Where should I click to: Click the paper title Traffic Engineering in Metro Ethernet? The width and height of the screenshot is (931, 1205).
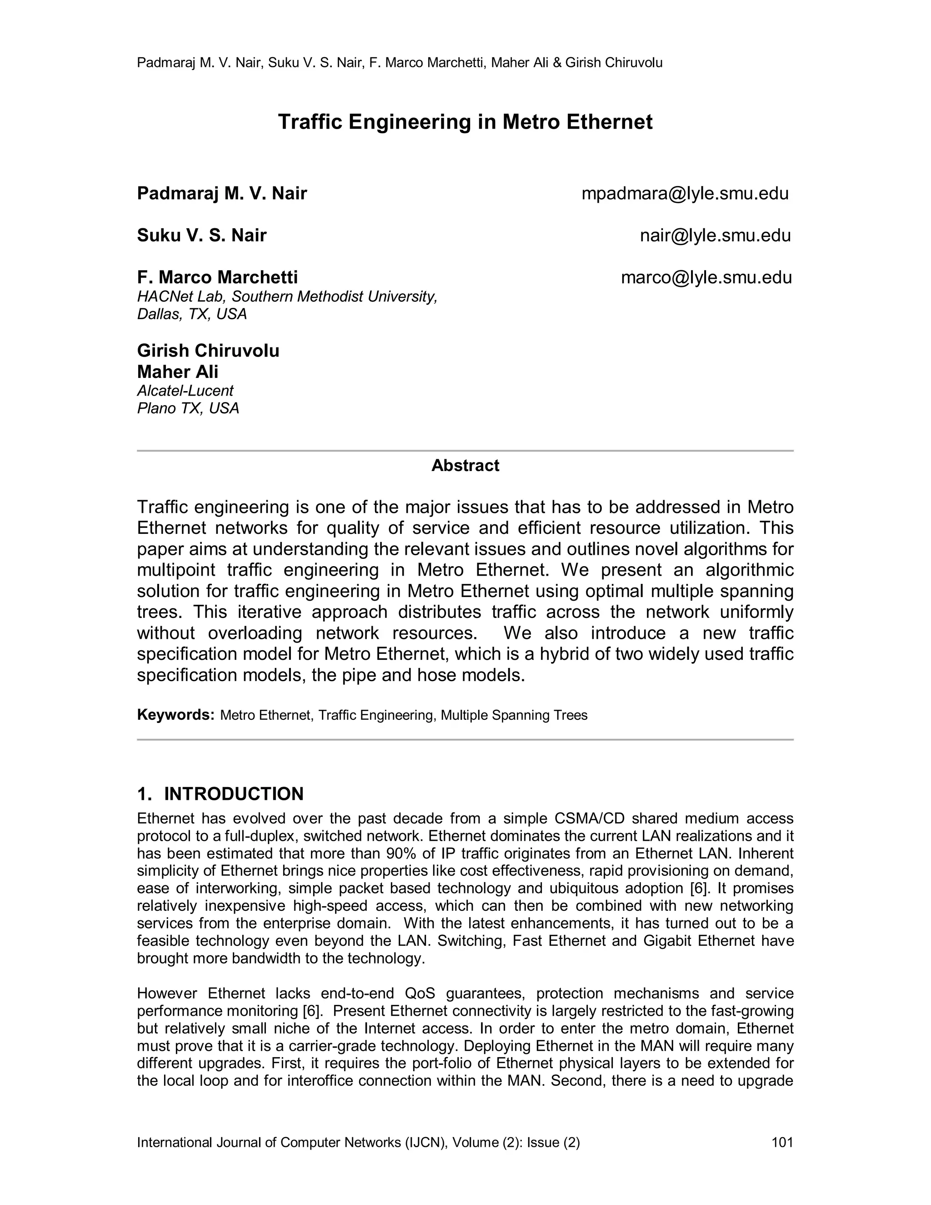click(465, 122)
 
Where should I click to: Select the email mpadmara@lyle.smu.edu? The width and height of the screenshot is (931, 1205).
click(685, 194)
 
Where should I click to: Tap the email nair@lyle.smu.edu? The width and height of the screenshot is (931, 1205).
click(716, 236)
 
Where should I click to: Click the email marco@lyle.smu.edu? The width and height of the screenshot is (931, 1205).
click(706, 277)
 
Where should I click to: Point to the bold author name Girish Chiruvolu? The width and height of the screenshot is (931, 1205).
click(208, 351)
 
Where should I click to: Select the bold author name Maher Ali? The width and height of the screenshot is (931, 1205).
click(178, 372)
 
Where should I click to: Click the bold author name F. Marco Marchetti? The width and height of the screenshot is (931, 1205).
click(217, 277)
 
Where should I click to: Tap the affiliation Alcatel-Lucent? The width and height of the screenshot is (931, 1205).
click(185, 391)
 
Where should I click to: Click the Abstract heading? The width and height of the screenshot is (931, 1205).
click(465, 466)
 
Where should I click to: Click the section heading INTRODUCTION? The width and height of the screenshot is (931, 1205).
click(234, 794)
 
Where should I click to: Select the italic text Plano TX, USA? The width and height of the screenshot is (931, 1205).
click(188, 408)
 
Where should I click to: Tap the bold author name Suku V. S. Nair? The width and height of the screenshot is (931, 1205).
click(202, 236)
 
